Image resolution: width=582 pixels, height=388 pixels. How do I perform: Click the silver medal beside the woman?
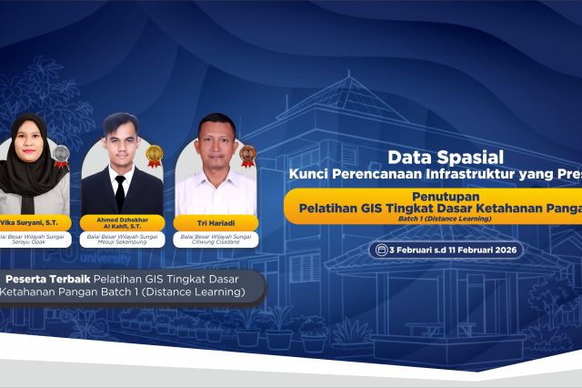61,155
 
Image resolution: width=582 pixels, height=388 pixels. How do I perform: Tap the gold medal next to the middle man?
155,155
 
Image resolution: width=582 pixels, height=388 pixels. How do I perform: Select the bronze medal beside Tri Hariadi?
247,155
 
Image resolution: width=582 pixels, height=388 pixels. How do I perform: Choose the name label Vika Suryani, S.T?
27,222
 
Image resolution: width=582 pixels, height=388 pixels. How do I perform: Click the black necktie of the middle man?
120,192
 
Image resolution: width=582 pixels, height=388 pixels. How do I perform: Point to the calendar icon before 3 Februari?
377,250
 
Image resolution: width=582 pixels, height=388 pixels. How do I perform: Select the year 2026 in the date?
499,250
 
